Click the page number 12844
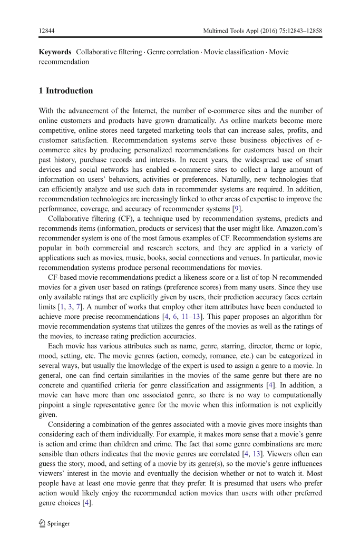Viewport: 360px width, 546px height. pyautogui.click(x=47, y=31)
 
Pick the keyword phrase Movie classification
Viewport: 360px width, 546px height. pyautogui.click(x=233, y=52)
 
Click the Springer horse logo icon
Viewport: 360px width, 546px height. pyautogui.click(x=42, y=523)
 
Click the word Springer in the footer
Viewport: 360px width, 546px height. pyautogui.click(x=59, y=524)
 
